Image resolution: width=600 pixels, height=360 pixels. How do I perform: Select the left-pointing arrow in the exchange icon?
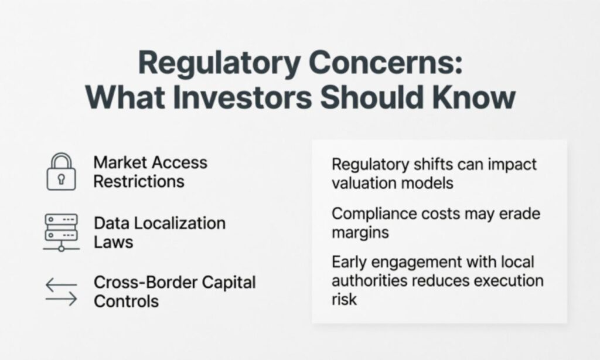click(x=61, y=285)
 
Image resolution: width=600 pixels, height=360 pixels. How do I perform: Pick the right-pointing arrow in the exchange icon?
click(x=61, y=300)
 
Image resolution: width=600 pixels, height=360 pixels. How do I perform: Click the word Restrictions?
click(x=139, y=181)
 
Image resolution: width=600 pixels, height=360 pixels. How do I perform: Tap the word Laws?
click(x=114, y=242)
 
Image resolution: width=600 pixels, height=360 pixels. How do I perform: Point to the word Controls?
click(x=126, y=301)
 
